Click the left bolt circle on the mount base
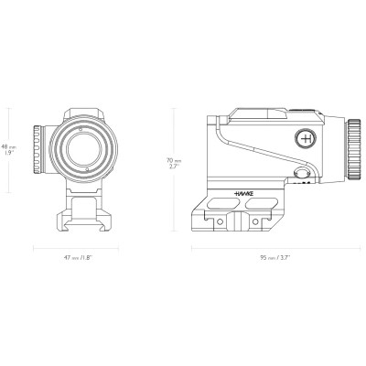[x=226, y=221]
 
